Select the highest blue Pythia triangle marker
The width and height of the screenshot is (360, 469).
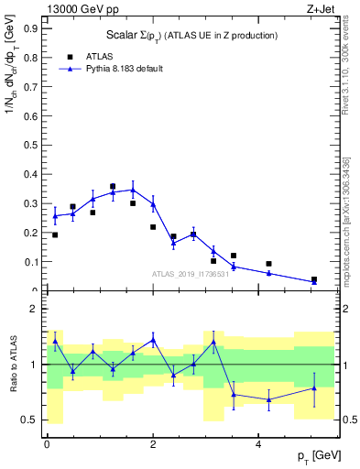pyautogui.click(x=133, y=190)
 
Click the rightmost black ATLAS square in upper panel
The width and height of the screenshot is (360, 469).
pyautogui.click(x=314, y=279)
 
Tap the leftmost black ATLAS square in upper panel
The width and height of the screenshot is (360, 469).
pyautogui.click(x=55, y=235)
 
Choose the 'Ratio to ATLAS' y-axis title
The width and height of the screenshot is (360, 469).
pyautogui.click(x=12, y=364)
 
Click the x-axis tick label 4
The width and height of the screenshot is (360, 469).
pyautogui.click(x=258, y=444)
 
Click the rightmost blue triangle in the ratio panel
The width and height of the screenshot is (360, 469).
pyautogui.click(x=314, y=388)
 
